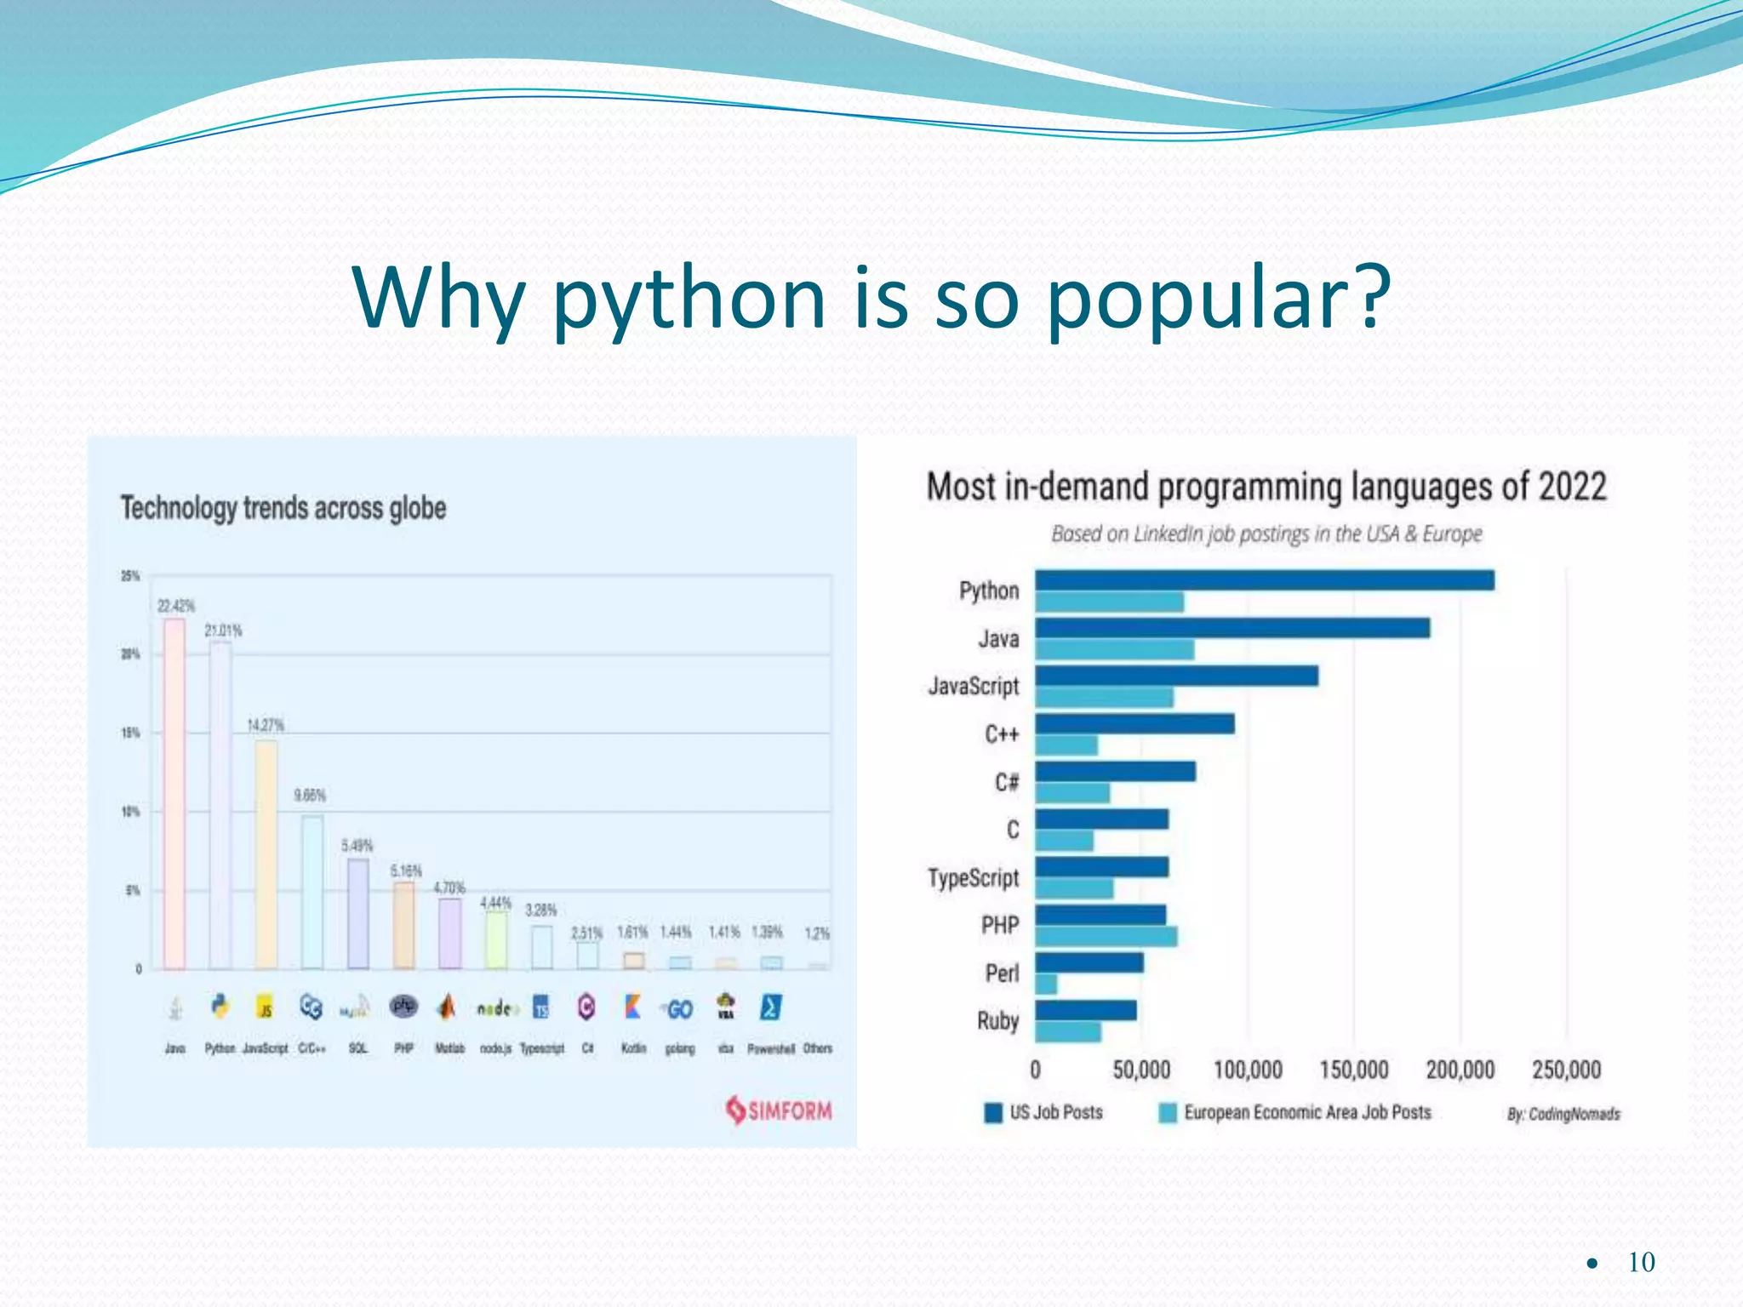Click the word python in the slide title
(x=689, y=300)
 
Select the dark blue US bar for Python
(x=1264, y=580)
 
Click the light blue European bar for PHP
(x=1106, y=937)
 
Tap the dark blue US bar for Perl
(x=1089, y=963)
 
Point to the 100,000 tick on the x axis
(x=1247, y=1070)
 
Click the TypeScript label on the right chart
(x=973, y=877)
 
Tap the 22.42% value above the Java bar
(x=175, y=606)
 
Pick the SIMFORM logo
(x=779, y=1110)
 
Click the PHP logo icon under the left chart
(x=403, y=1007)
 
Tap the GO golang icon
(x=678, y=1009)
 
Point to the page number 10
(x=1640, y=1262)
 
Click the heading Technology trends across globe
(x=283, y=508)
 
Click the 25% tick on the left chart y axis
(x=129, y=576)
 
